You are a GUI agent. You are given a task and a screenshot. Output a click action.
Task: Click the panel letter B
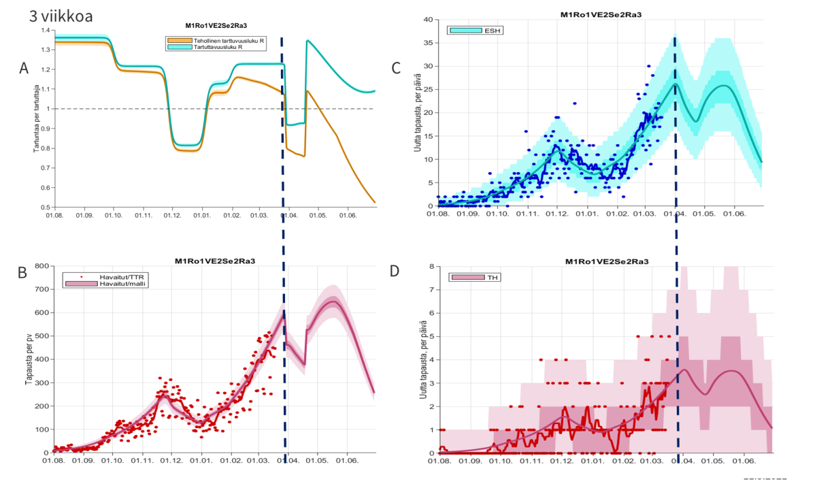point(22,273)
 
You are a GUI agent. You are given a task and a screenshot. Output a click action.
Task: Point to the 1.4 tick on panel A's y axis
point(46,31)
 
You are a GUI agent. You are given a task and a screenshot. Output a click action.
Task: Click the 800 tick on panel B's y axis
point(42,266)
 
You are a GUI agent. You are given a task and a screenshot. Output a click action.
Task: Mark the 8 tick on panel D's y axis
point(431,267)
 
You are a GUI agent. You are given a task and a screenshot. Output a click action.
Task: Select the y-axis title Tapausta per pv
point(29,359)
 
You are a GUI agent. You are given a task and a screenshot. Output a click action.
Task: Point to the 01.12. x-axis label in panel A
point(172,215)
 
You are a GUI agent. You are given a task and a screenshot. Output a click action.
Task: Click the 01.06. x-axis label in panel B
point(347,461)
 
